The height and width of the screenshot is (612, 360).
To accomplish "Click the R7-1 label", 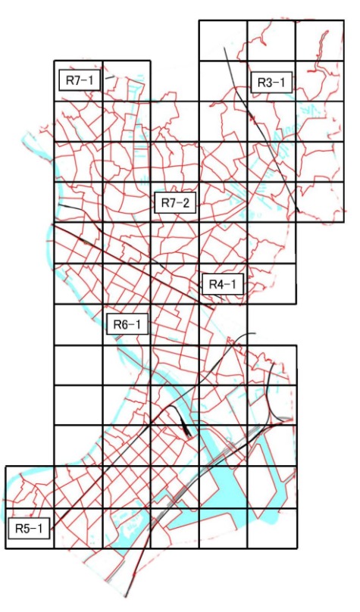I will click(x=79, y=80).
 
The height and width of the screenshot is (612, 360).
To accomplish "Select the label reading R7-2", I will click(x=175, y=201).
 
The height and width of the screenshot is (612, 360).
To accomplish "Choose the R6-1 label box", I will click(x=127, y=325).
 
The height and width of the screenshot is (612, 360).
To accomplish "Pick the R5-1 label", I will click(x=29, y=528).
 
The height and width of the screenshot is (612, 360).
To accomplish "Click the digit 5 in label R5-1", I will click(x=25, y=528).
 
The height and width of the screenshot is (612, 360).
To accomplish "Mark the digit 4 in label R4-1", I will click(x=219, y=284).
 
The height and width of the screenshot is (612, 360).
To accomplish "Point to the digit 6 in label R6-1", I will click(x=124, y=325).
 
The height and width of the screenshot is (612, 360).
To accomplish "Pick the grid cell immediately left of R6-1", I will click(x=78, y=325).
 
